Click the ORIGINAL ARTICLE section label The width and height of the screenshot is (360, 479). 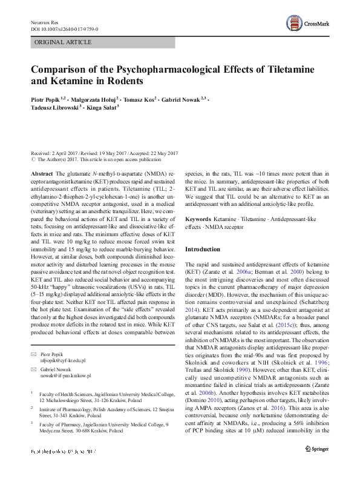(63, 42)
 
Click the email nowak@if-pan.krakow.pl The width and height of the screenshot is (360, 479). (69, 376)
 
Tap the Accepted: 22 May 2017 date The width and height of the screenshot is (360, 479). (154, 153)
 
